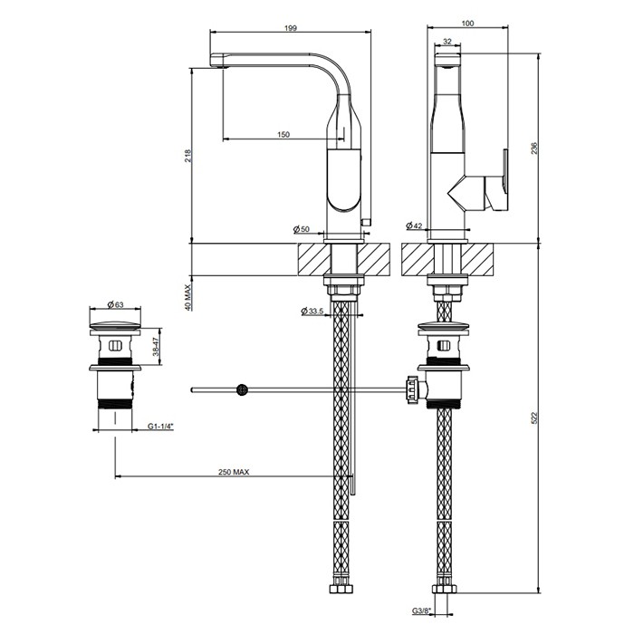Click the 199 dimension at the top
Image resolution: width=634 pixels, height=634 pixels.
[x=290, y=29]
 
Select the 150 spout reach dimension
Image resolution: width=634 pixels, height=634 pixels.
[x=283, y=134]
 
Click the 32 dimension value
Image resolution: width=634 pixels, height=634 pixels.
[x=448, y=42]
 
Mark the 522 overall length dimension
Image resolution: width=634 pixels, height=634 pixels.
[x=534, y=418]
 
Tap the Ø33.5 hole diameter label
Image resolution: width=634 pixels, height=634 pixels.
[x=312, y=312]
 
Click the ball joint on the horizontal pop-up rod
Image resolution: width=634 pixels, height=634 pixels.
[x=242, y=390]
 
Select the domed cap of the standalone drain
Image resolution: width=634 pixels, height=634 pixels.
[x=115, y=324]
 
